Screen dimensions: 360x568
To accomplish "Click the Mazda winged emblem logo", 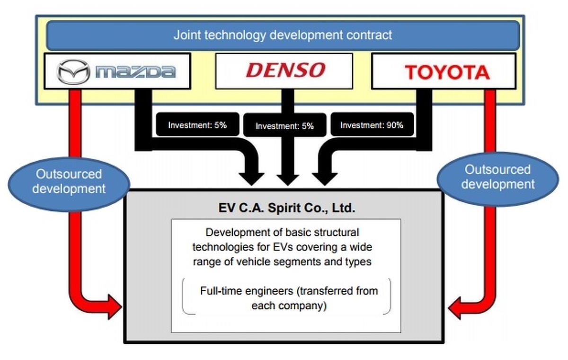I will click(x=73, y=72).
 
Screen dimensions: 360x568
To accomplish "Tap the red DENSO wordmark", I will click(x=285, y=70).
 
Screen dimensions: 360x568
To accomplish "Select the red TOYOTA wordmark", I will click(x=447, y=72).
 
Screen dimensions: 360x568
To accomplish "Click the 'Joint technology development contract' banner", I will click(x=283, y=35).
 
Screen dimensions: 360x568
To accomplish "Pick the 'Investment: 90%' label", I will click(x=372, y=126).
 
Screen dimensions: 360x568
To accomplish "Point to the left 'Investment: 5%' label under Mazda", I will click(x=197, y=126).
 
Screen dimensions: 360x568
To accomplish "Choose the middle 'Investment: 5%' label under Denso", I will click(x=284, y=126).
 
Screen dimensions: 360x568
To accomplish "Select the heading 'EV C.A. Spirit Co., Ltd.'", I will click(x=283, y=208).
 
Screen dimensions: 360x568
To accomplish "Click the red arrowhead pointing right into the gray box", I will click(x=114, y=307).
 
